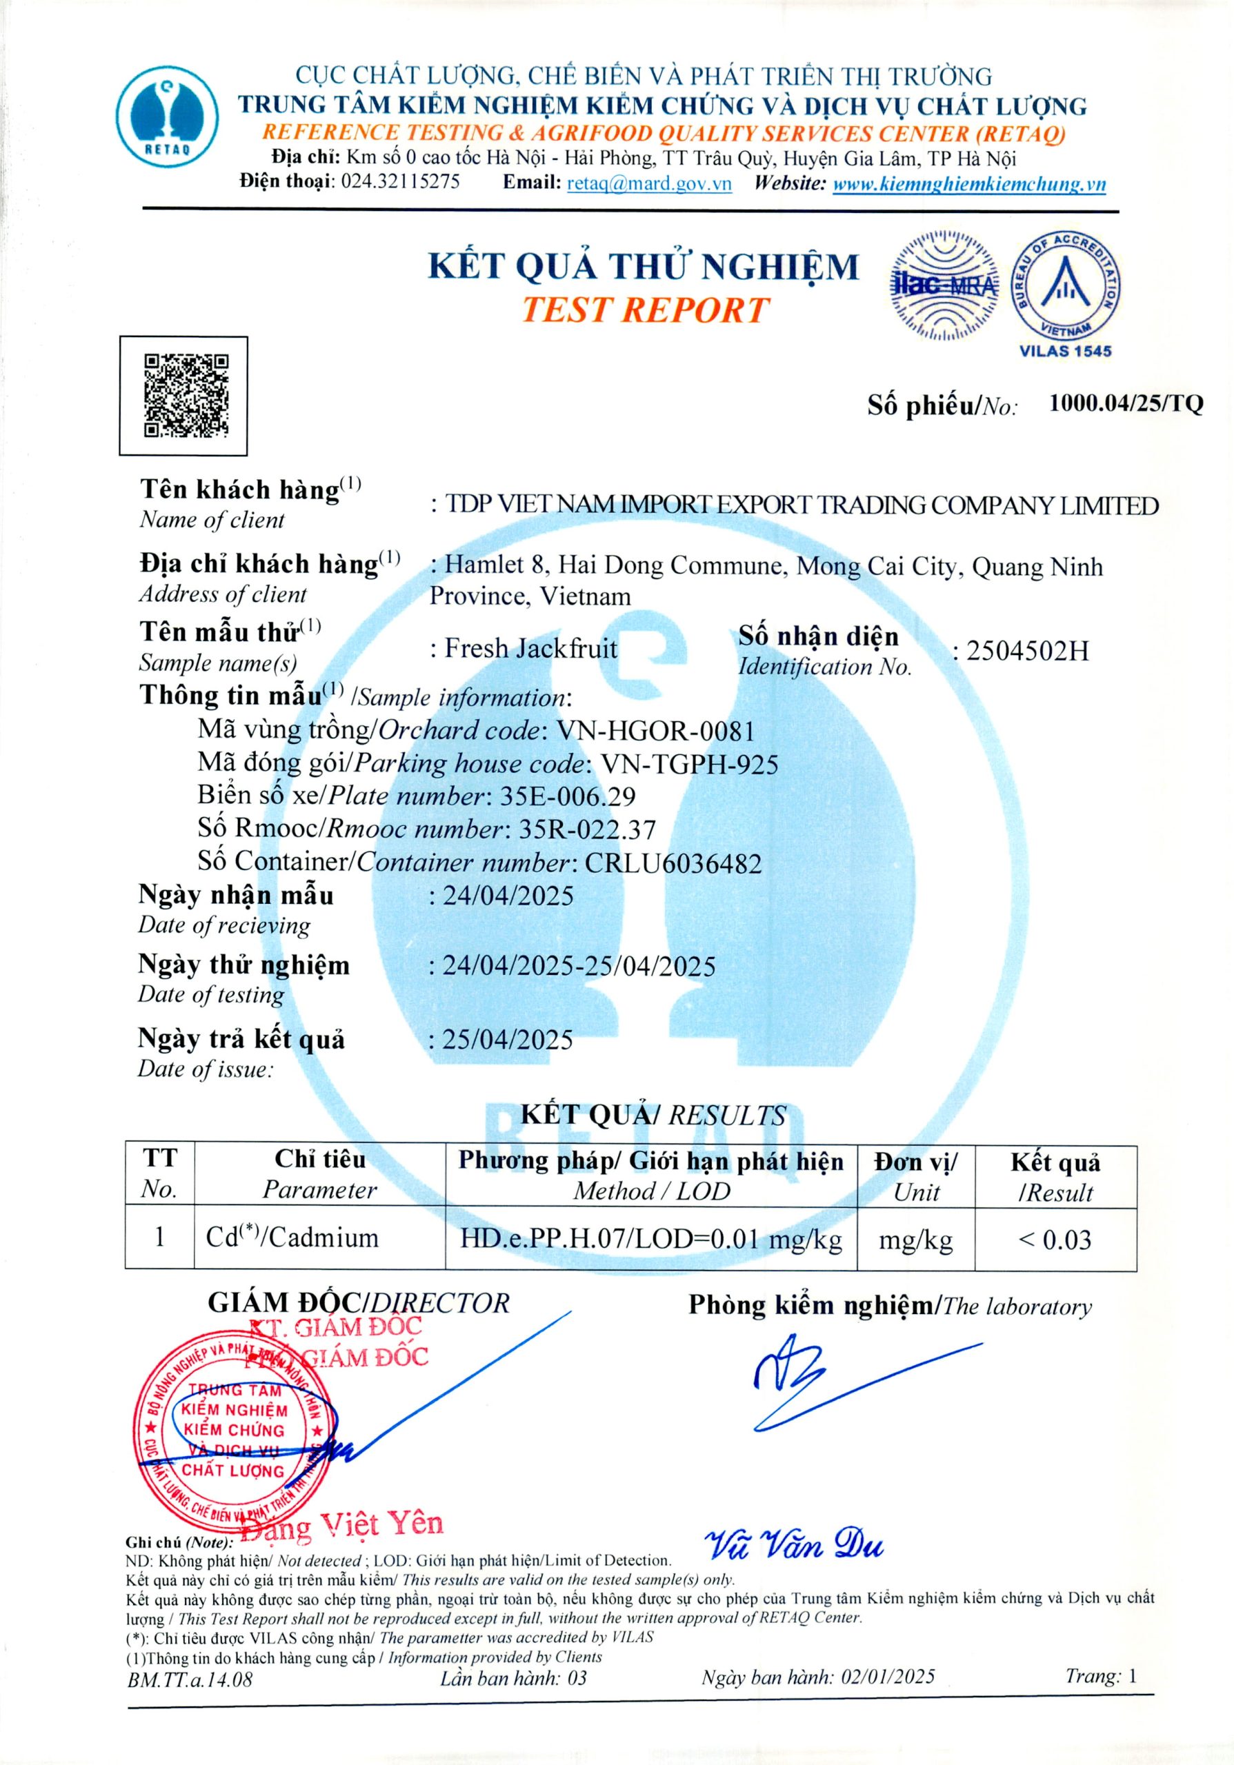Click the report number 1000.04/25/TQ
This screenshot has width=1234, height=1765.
pyautogui.click(x=1125, y=403)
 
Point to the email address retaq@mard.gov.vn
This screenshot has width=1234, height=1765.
pyautogui.click(x=649, y=183)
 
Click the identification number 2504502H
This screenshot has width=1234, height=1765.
pyautogui.click(x=1027, y=651)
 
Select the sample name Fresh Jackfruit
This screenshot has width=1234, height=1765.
pyautogui.click(x=530, y=648)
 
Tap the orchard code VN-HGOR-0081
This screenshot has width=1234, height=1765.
pyautogui.click(x=656, y=729)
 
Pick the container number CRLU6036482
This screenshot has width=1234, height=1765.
pyautogui.click(x=673, y=863)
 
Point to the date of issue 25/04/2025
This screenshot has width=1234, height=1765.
pyautogui.click(x=508, y=1039)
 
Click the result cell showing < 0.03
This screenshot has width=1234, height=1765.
pyautogui.click(x=1054, y=1239)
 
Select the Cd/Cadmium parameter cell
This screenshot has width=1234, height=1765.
pyautogui.click(x=293, y=1238)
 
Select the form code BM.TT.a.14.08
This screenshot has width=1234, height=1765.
pyautogui.click(x=190, y=1679)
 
